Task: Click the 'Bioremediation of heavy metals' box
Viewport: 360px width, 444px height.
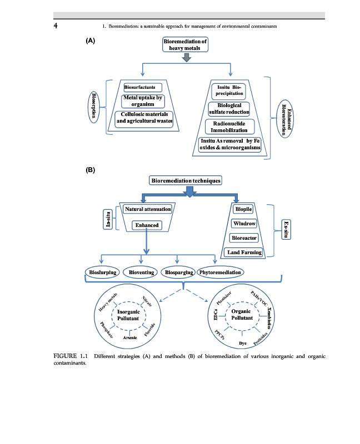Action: (185, 45)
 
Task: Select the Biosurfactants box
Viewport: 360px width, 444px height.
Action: (143, 88)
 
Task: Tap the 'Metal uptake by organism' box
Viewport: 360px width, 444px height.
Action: (143, 102)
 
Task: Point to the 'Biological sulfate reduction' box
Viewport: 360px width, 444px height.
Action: (229, 108)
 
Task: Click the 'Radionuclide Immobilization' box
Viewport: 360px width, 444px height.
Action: (230, 127)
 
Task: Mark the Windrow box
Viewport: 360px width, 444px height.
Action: (244, 224)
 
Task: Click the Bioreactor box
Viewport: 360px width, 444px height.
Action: (244, 238)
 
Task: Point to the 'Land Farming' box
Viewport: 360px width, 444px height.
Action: (244, 253)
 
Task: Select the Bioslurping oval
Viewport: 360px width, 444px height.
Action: (103, 272)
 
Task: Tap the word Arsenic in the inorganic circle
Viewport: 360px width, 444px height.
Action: (131, 339)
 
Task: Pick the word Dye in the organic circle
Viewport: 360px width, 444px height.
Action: (243, 344)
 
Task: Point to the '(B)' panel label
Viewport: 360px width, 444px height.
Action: (91, 170)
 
